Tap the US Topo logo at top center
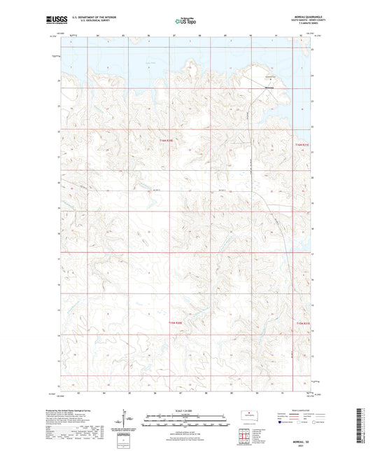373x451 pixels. (x=185, y=21)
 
